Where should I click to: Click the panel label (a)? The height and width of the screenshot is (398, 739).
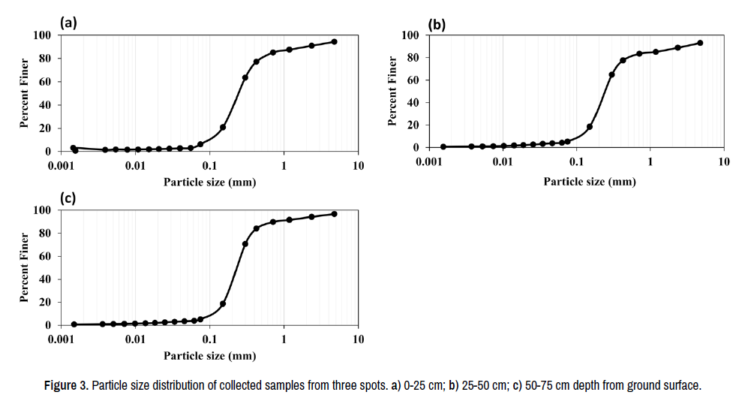tap(69, 23)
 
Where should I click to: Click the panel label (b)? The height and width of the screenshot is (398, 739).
tap(437, 24)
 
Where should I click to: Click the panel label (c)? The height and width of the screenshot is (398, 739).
tap(69, 198)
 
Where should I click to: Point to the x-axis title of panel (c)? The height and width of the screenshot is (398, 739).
tap(209, 355)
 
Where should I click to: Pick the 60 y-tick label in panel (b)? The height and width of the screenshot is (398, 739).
tap(412, 80)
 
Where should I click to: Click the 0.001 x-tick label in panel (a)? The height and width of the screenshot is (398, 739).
tap(62, 166)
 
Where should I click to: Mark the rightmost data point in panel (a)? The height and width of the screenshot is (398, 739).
tap(334, 42)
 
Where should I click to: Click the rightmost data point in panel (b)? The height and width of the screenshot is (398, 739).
tap(700, 43)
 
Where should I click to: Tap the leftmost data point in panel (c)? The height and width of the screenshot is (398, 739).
tap(74, 324)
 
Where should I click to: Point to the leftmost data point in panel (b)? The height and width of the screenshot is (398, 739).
tap(443, 146)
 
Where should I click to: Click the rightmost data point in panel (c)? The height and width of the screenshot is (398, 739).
tap(334, 214)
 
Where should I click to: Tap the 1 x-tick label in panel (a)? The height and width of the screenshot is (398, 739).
tap(284, 166)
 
